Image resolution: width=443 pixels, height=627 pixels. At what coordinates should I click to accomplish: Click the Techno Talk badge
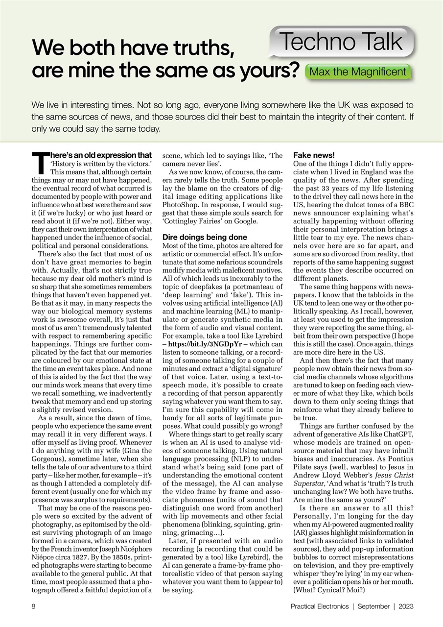coord(341,42)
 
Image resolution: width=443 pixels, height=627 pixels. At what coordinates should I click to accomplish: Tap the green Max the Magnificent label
coord(357,72)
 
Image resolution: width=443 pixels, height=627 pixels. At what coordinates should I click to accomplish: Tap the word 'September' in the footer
coord(373,606)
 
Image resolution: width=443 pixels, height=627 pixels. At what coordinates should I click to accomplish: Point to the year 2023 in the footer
coord(406,606)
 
